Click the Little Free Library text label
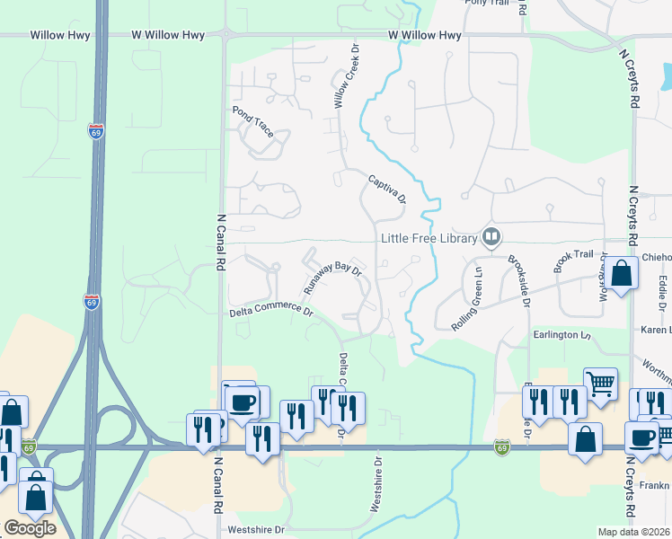(x=429, y=238)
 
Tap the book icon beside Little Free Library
(x=491, y=238)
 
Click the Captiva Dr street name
(x=387, y=190)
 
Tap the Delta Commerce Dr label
(x=270, y=313)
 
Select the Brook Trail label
(x=574, y=261)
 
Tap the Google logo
(x=30, y=528)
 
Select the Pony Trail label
(x=486, y=4)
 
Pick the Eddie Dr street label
(x=663, y=288)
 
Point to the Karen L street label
(x=656, y=331)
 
